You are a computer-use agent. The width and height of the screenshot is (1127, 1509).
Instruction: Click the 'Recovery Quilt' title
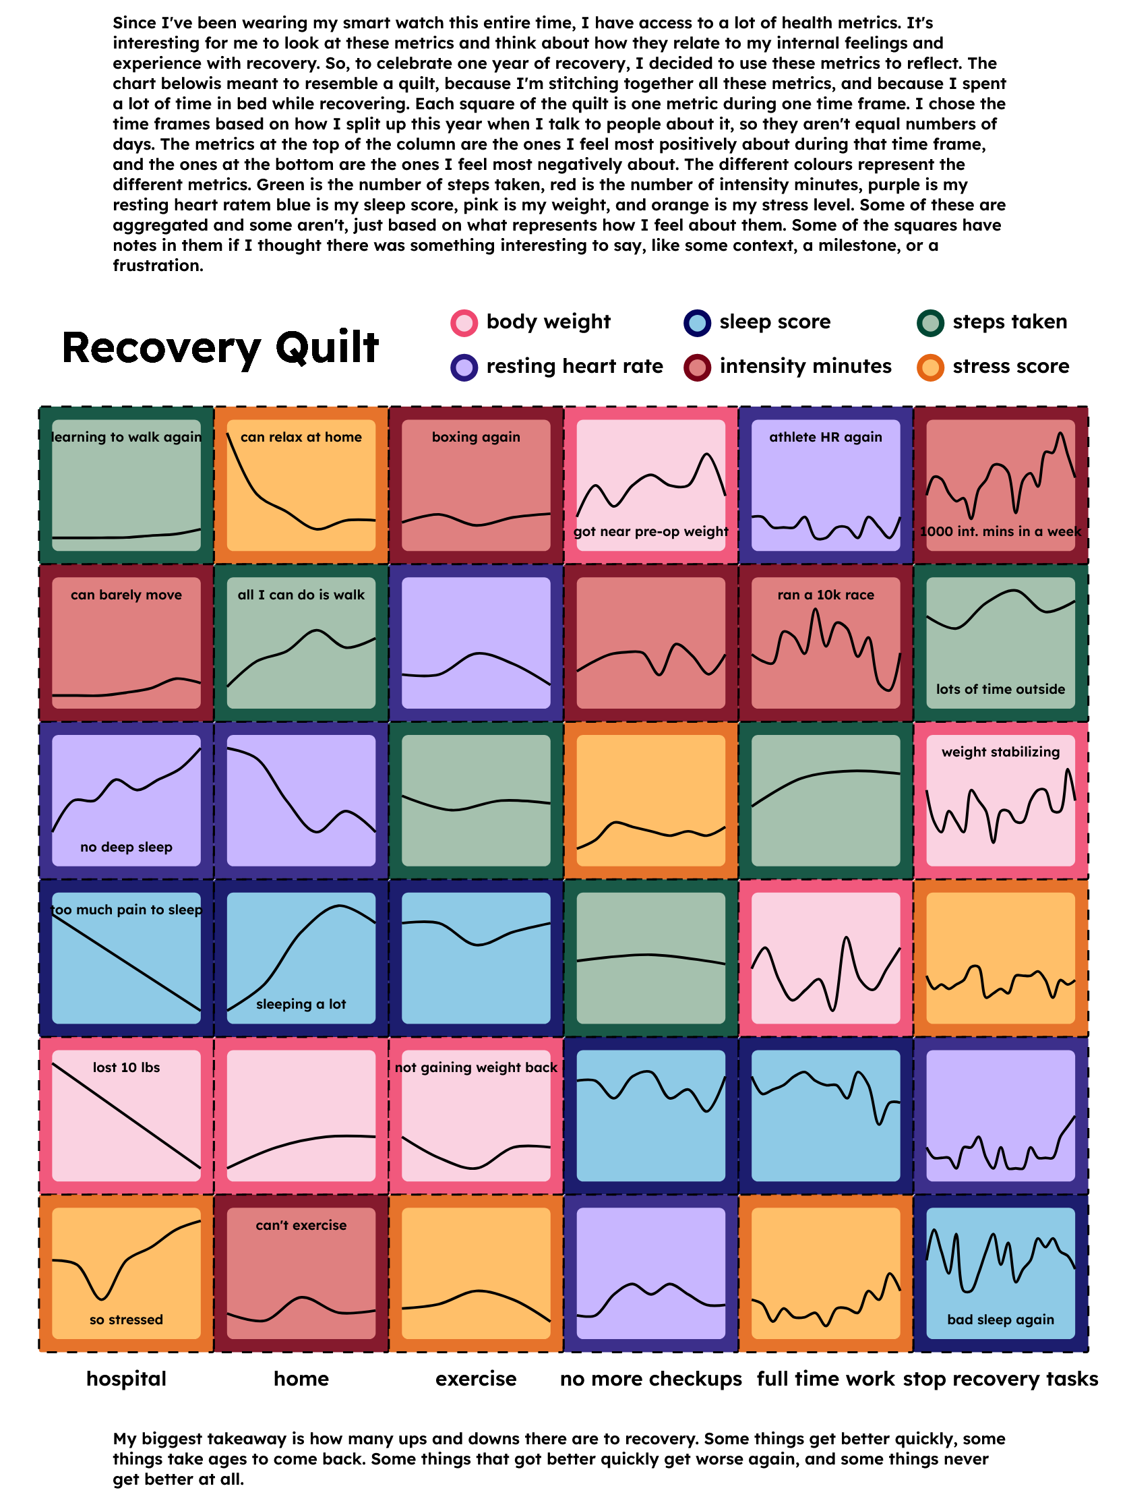[220, 347]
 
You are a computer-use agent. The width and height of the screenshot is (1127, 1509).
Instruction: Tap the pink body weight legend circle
[464, 323]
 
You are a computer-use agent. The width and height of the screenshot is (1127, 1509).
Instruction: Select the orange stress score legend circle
[930, 367]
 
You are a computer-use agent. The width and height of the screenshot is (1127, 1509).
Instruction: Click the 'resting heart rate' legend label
[574, 366]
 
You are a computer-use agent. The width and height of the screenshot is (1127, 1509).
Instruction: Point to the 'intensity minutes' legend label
[805, 366]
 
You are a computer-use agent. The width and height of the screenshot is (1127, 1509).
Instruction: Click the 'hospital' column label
[126, 1379]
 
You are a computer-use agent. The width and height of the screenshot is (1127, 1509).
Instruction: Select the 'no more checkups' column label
[650, 1379]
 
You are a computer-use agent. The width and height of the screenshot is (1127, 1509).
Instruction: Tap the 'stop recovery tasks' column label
[1000, 1379]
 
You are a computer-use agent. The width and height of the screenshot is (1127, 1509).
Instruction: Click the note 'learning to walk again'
[127, 437]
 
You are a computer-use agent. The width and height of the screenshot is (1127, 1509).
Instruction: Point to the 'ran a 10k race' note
[825, 594]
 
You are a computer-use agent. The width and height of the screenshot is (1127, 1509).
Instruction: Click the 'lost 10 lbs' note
[126, 1067]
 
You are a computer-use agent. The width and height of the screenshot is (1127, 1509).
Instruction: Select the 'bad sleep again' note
[1000, 1320]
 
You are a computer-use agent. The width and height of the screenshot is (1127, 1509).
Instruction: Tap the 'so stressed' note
[126, 1320]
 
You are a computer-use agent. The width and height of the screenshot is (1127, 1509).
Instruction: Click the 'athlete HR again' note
[825, 437]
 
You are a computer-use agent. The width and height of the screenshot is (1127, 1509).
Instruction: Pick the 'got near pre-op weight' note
[650, 531]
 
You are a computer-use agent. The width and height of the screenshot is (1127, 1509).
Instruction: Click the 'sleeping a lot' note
[301, 1004]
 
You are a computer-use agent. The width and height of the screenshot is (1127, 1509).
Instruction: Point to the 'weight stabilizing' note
[1000, 752]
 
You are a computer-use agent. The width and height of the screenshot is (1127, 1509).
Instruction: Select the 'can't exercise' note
[301, 1225]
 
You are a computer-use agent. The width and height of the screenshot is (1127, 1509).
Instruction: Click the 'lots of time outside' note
[1000, 689]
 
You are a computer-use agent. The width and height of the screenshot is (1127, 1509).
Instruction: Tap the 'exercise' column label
[476, 1379]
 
